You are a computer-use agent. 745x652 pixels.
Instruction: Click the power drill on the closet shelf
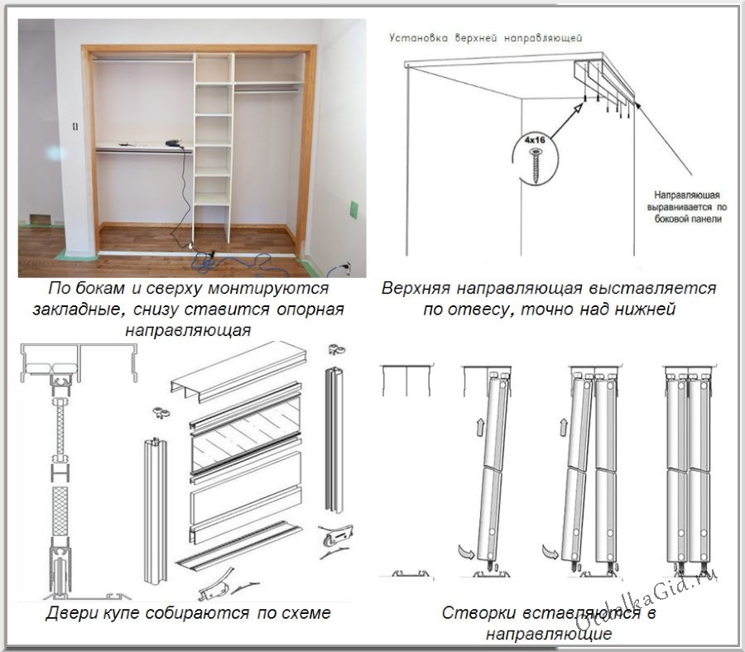(x=175, y=144)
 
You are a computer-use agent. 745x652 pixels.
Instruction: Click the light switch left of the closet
(x=74, y=127)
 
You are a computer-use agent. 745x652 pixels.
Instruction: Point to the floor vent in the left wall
(x=40, y=220)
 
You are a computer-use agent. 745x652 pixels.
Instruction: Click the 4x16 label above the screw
(x=536, y=141)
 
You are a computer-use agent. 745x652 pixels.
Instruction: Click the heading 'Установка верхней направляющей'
(x=487, y=38)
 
